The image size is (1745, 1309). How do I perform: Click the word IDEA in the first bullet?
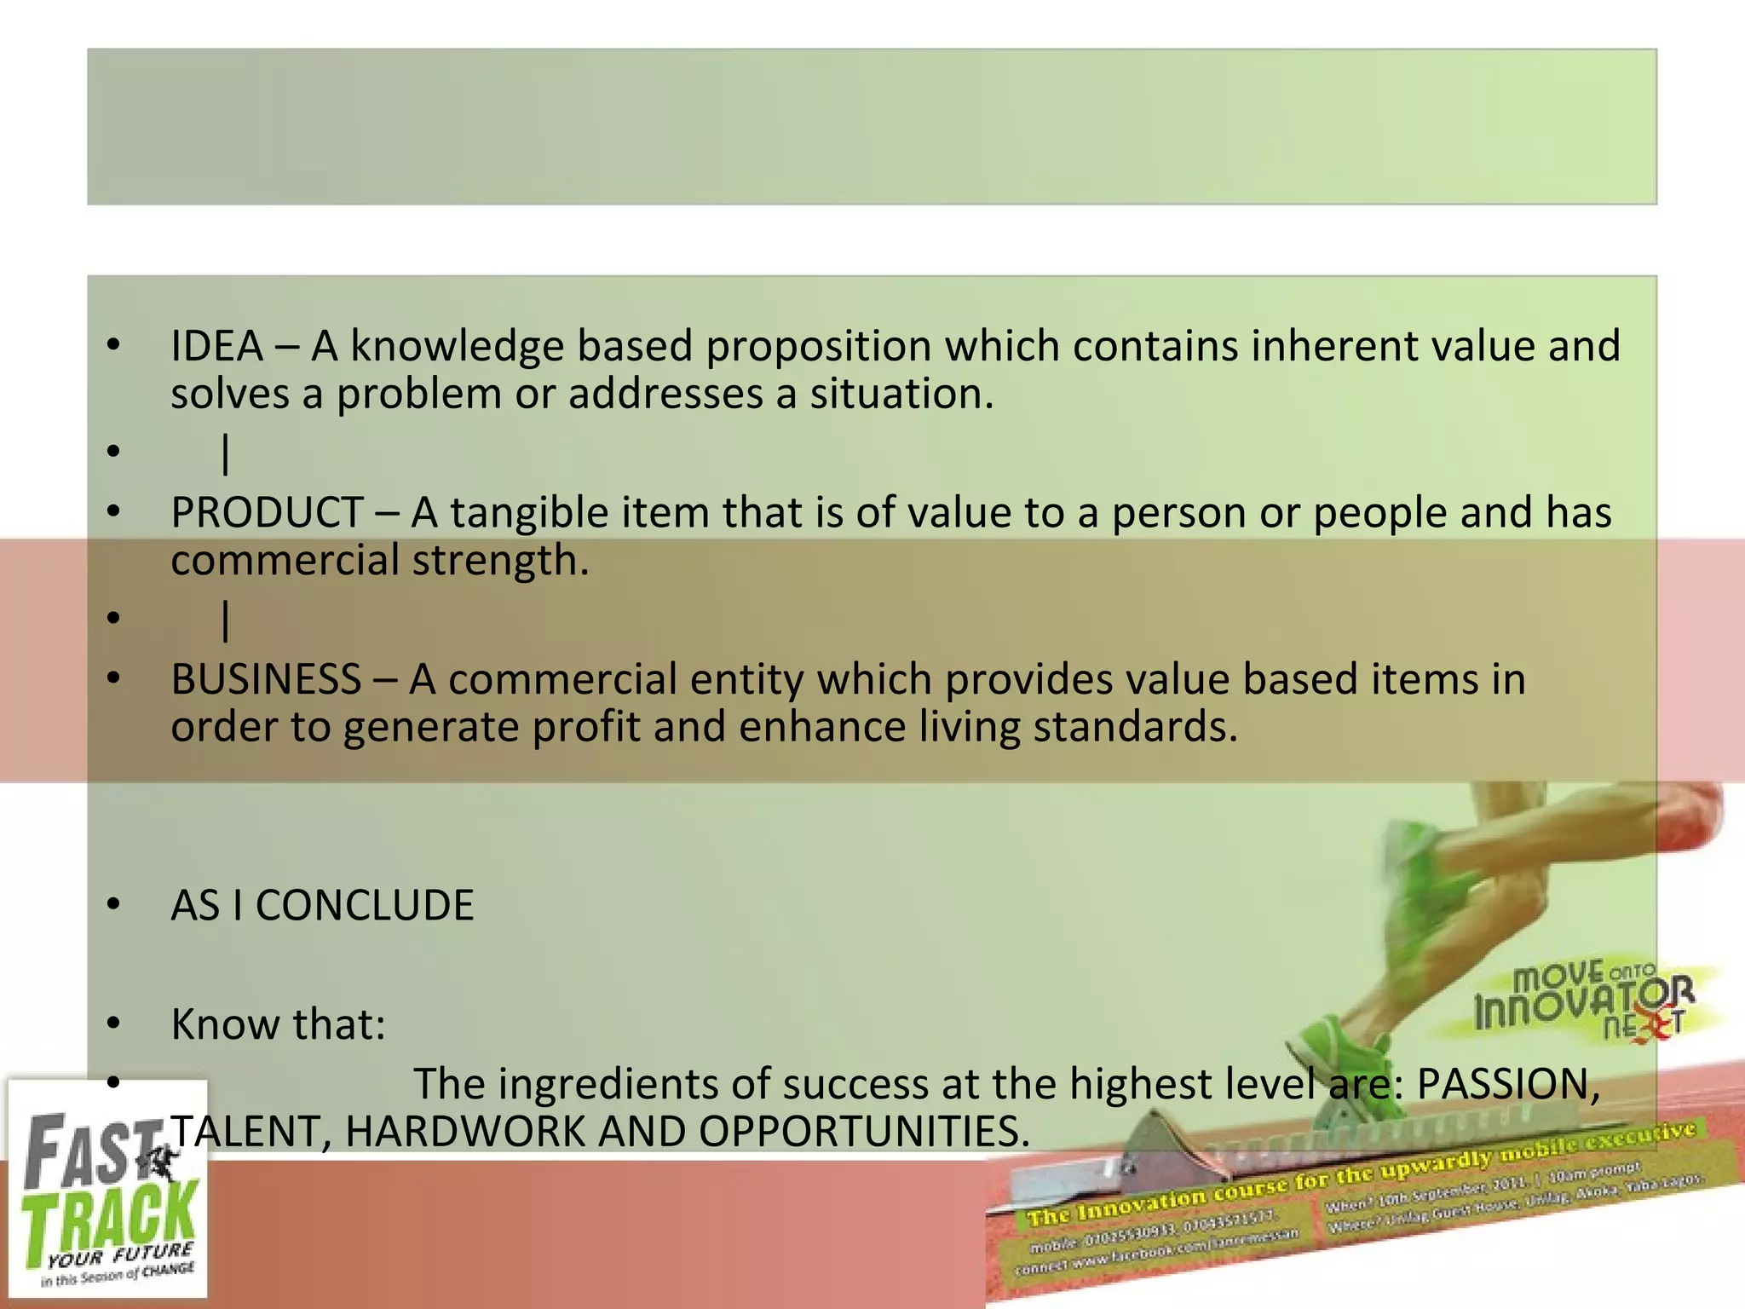pos(216,346)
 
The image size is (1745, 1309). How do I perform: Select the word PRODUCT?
pos(268,513)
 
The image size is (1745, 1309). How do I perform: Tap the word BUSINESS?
pos(266,679)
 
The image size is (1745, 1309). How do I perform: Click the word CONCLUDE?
pos(365,905)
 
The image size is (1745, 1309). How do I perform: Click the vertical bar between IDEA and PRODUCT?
pos(226,453)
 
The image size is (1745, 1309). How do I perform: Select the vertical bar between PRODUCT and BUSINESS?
pos(226,620)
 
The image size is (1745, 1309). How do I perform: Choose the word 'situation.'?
pos(901,395)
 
